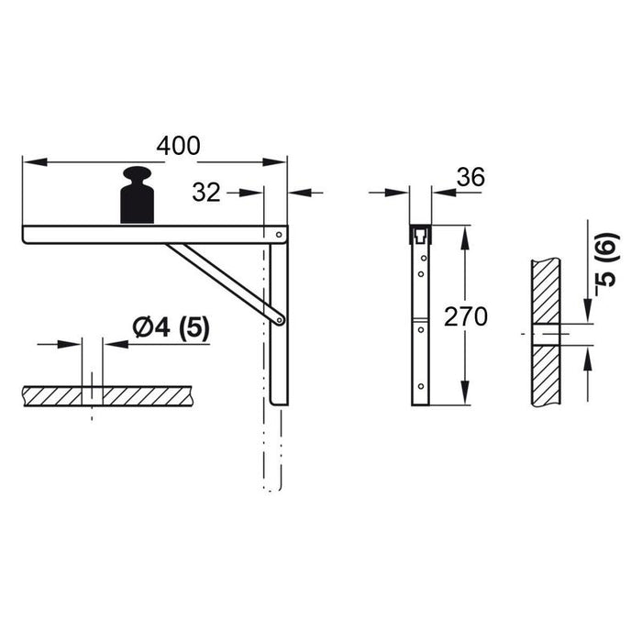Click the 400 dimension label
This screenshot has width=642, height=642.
pyautogui.click(x=179, y=146)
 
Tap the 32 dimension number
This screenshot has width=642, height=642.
pyautogui.click(x=206, y=193)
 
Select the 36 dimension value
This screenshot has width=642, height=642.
pyautogui.click(x=470, y=177)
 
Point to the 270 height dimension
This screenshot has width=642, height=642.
pyautogui.click(x=466, y=316)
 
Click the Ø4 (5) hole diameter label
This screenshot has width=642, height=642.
pyautogui.click(x=172, y=328)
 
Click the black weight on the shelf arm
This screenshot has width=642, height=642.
pyautogui.click(x=138, y=194)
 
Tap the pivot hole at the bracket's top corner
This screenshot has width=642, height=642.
pyautogui.click(x=279, y=235)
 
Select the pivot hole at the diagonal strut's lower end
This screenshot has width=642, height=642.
pyautogui.click(x=280, y=320)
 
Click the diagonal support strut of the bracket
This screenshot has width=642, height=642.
pyautogui.click(x=226, y=282)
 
